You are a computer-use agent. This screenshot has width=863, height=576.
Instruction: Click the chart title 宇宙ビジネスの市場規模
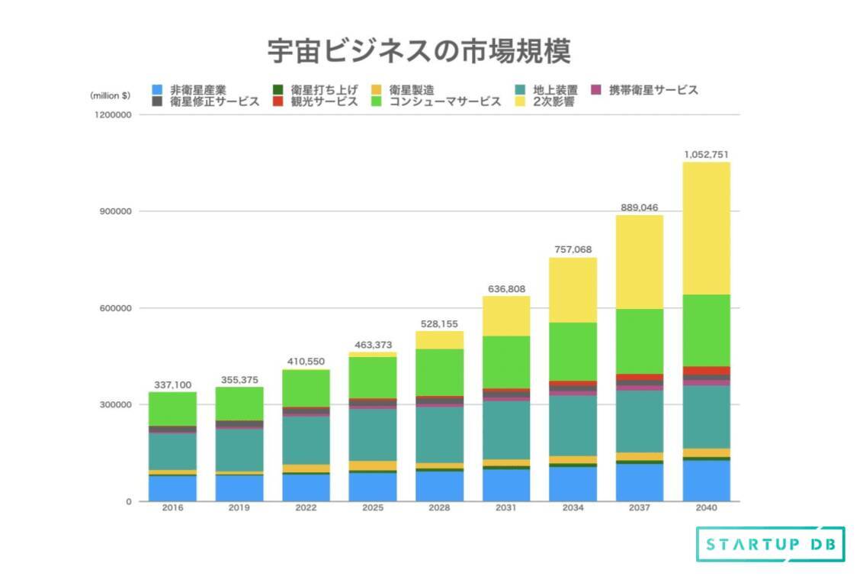pos(419,52)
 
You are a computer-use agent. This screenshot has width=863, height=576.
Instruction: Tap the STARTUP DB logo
pos(770,544)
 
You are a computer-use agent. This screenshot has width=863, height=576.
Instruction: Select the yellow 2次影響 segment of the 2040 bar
pos(706,228)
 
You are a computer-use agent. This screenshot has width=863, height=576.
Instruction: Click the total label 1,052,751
pos(706,155)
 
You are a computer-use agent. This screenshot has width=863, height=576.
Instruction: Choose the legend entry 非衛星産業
pos(191,90)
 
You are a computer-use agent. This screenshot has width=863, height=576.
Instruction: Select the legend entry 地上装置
pos(548,90)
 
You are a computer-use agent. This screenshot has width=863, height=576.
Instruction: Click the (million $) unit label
pos(110,95)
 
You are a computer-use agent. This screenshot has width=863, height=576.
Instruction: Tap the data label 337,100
pos(172,385)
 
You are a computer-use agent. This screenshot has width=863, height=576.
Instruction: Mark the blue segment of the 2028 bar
pos(439,486)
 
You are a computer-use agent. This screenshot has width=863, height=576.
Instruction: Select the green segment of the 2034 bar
pos(573,352)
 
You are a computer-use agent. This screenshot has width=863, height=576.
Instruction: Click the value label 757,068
pos(573,249)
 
